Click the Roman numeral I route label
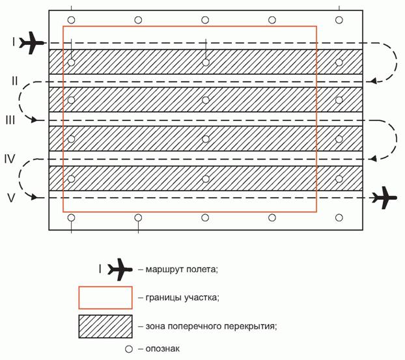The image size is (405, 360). (x=13, y=42)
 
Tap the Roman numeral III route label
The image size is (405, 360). (x=10, y=120)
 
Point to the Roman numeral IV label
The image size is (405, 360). (x=11, y=158)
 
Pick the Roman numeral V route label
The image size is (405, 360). (x=11, y=197)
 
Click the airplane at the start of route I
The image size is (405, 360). (x=31, y=43)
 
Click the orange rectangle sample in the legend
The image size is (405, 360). (x=105, y=297)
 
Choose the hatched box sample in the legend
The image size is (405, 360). (x=105, y=326)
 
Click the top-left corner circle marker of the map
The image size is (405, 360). (x=72, y=20)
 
